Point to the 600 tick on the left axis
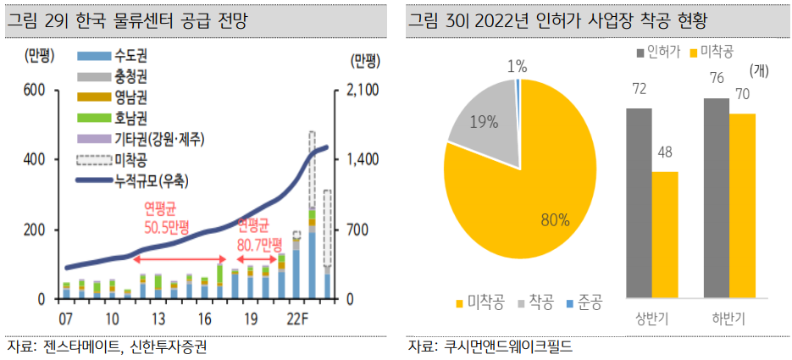point(33,90)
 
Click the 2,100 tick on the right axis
point(363,90)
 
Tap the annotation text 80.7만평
point(258,244)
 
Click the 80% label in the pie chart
point(555,220)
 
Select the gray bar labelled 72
point(640,202)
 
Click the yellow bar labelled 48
point(665,234)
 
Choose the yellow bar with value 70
point(742,205)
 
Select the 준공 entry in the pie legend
point(585,302)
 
